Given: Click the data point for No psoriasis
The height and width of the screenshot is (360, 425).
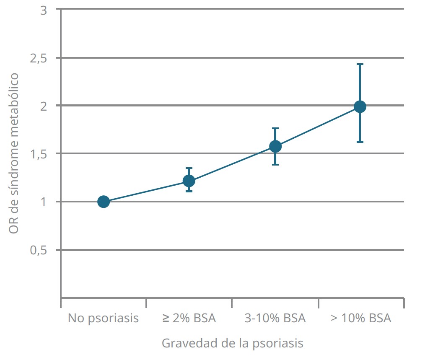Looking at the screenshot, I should (x=104, y=202).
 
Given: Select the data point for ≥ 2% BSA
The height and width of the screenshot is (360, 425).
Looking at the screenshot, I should (x=189, y=181).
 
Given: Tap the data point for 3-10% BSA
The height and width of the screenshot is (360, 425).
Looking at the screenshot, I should (x=275, y=146).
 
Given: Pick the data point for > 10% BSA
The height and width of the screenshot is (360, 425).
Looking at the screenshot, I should (x=360, y=106).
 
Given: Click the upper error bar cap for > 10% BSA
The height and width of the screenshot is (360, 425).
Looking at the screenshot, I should (x=360, y=64).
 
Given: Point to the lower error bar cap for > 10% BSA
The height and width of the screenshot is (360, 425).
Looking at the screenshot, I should (x=360, y=142).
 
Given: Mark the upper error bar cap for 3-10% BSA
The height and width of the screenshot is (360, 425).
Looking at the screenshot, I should (x=275, y=128).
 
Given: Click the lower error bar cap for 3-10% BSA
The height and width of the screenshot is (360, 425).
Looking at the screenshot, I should (x=275, y=164).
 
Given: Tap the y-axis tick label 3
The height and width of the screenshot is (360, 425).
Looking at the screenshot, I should (x=43, y=10).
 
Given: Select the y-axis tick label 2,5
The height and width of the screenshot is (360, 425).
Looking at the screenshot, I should (x=38, y=59).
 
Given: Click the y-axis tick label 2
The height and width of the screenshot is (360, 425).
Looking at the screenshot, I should (x=43, y=106).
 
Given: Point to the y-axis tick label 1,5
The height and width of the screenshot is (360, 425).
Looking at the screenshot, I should (x=38, y=155).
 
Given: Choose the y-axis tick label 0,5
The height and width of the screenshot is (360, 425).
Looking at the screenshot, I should (x=38, y=251).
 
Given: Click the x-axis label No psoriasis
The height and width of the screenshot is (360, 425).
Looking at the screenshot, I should (x=103, y=318).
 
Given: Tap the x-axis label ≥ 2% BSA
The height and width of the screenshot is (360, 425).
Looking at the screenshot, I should (x=189, y=318).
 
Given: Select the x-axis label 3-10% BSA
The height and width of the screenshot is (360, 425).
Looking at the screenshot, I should (x=275, y=318).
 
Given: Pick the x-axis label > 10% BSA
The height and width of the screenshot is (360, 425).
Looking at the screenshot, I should (x=361, y=318).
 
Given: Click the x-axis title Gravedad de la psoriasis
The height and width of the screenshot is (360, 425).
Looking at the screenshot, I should (x=232, y=343).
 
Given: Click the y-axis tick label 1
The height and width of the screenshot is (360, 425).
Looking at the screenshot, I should (x=43, y=202).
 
